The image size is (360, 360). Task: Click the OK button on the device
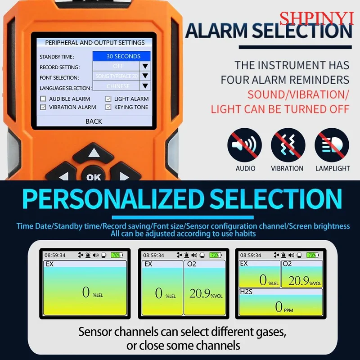click(94, 177)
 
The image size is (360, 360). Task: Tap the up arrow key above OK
click(94, 153)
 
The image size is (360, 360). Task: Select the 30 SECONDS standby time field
click(121, 56)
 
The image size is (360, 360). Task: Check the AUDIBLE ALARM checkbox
click(43, 99)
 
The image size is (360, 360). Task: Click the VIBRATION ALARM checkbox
click(43, 107)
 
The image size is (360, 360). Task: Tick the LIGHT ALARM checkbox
click(108, 99)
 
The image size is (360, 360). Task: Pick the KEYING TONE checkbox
click(108, 107)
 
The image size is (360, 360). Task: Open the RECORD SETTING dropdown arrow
click(145, 66)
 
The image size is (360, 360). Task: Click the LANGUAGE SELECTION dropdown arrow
click(145, 86)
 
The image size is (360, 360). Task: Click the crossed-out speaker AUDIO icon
click(245, 145)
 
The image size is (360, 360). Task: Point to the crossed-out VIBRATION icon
click(287, 145)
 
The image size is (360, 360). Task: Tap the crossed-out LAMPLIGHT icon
click(332, 145)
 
